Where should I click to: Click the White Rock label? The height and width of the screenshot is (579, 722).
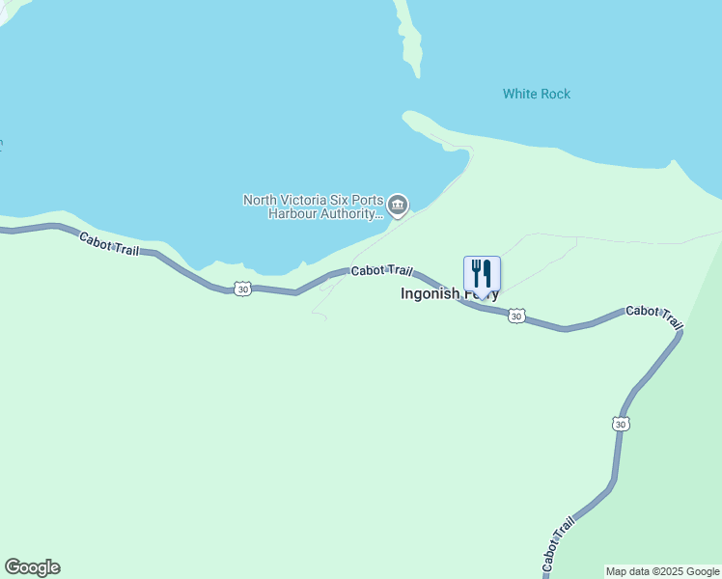point(536,94)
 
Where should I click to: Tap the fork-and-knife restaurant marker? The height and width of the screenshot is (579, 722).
point(482,274)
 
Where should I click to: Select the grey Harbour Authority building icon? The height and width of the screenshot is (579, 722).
point(398,206)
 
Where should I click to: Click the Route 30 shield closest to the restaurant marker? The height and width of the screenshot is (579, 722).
point(517,316)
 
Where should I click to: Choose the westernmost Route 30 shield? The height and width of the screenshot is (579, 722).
point(242,289)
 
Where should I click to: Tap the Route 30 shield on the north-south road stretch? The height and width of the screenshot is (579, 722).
point(621,424)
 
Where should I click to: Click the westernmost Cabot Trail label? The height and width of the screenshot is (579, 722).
point(109,244)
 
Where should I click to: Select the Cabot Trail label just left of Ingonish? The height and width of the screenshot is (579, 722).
point(381,271)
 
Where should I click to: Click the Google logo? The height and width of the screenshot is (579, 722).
point(32,567)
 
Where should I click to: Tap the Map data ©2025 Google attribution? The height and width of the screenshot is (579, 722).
point(663,571)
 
